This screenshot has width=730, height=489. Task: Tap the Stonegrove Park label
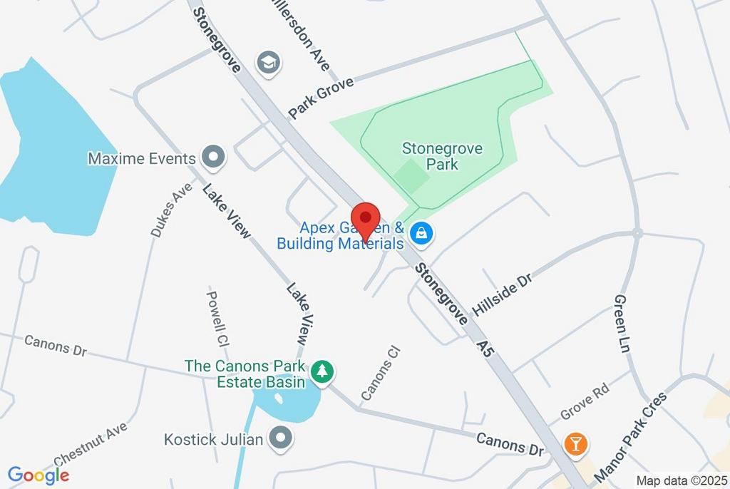click(442, 156)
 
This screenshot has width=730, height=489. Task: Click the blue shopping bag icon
click(422, 233)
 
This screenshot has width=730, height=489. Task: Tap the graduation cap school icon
click(268, 63)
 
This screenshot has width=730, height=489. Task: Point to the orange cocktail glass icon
click(575, 443)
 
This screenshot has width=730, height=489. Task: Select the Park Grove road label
click(321, 98)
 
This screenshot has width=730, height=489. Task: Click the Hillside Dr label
click(502, 293)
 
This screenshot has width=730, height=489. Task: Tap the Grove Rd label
click(585, 400)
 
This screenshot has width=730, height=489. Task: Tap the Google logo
click(38, 475)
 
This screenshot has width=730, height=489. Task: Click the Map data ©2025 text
click(682, 480)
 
